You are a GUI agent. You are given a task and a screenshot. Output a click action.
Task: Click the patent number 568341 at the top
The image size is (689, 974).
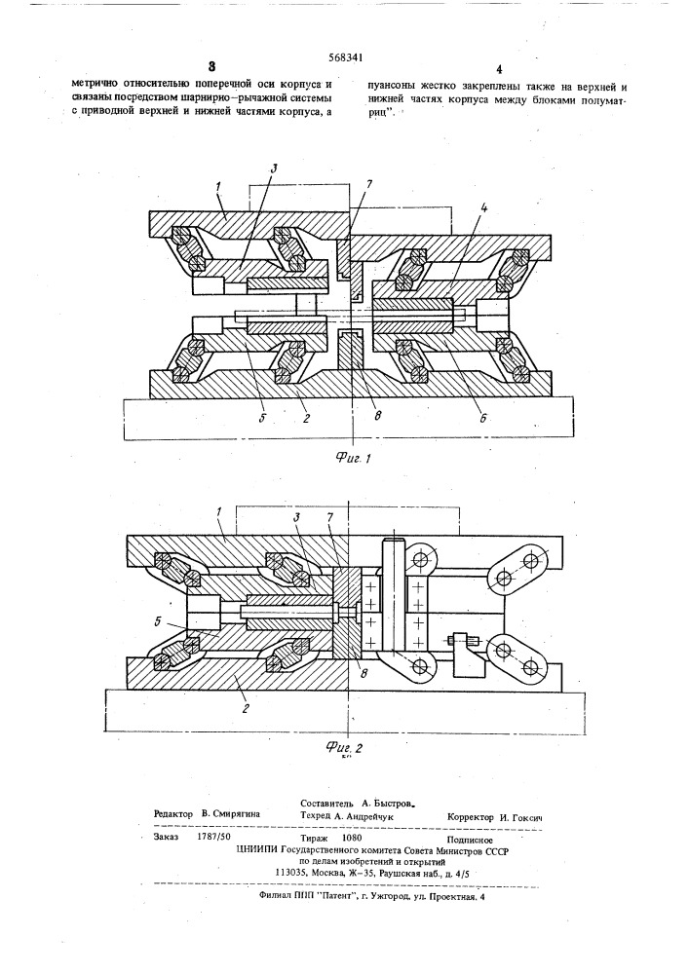pyautogui.click(x=345, y=58)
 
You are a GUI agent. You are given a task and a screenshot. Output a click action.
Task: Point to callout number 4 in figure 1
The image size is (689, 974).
pyautogui.click(x=484, y=208)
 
